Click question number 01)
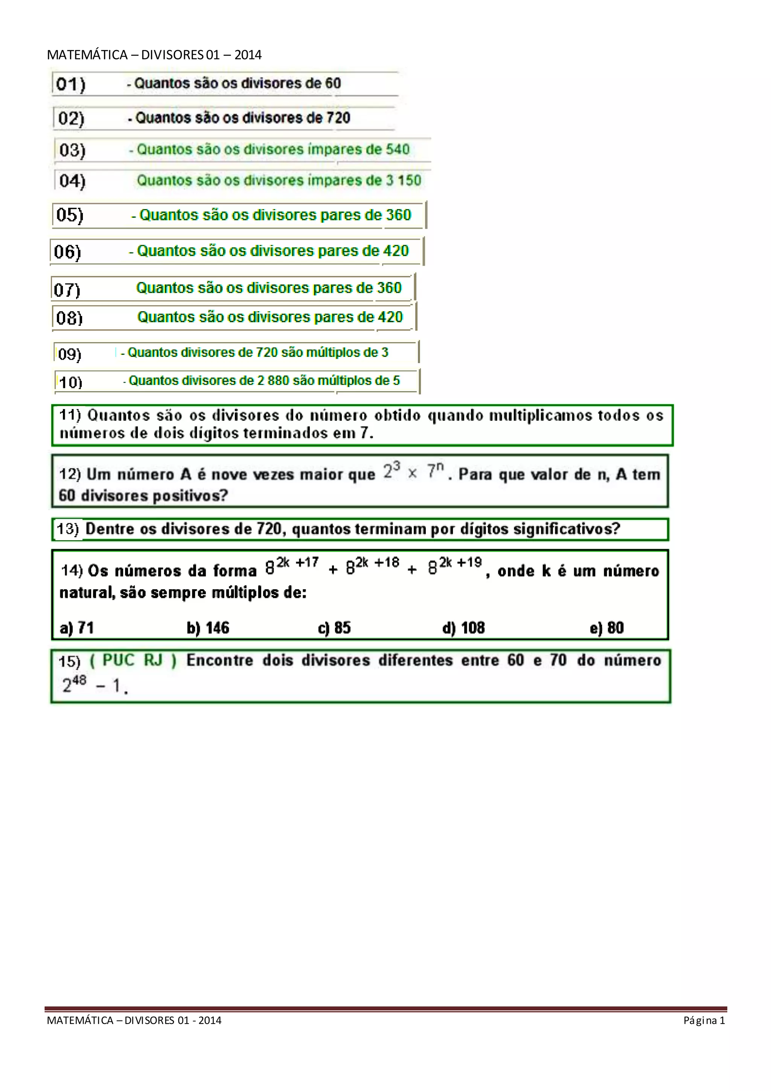(71, 84)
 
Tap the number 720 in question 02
(338, 118)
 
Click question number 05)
(70, 215)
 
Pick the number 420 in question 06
(395, 251)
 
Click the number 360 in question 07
(389, 287)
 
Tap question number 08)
(69, 318)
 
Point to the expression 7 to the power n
(435, 471)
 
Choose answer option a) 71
(77, 628)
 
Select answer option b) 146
(208, 628)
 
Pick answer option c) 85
(334, 628)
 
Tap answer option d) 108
(463, 628)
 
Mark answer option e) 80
(607, 628)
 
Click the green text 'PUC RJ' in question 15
(133, 660)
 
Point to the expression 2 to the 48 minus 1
(94, 685)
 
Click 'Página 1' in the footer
(704, 1020)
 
